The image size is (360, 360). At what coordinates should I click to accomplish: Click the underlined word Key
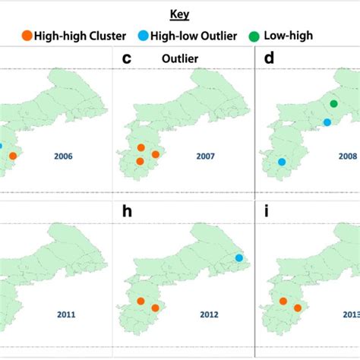[180, 14]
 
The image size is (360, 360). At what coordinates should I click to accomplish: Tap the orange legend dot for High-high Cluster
[26, 35]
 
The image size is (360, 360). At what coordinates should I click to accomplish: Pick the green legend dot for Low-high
[253, 35]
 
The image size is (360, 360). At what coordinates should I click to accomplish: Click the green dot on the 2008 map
[333, 103]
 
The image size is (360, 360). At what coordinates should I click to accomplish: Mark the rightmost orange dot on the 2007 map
[155, 154]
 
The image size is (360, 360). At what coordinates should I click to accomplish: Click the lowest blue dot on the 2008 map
[282, 162]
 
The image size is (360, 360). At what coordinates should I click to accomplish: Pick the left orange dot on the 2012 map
[141, 301]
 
